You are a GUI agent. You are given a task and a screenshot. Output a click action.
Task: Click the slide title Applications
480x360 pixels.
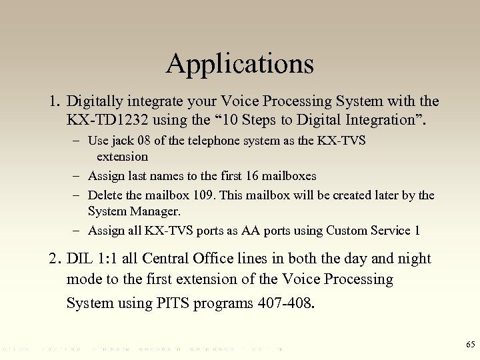coord(240,64)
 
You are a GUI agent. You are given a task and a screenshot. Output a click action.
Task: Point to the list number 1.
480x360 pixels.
coord(53,103)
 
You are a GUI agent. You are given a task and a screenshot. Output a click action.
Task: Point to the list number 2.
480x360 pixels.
coord(53,259)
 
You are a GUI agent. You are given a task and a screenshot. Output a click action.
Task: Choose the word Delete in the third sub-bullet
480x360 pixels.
coord(105,195)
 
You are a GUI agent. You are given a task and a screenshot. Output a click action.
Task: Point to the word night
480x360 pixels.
coord(413,259)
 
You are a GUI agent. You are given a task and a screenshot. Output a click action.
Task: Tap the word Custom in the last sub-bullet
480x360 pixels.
coord(346,231)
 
